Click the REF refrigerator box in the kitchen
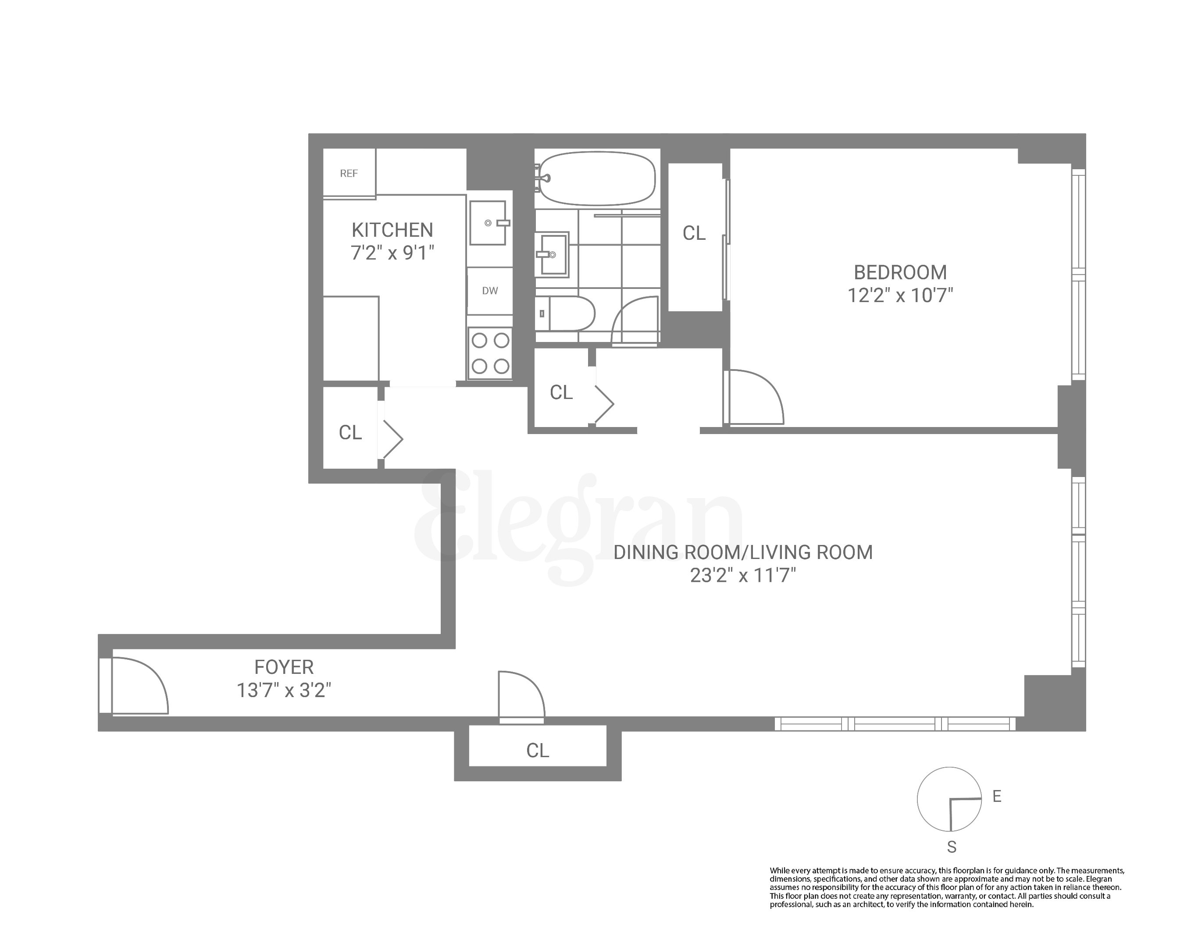[349, 173]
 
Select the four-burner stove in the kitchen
[490, 352]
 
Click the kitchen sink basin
[488, 222]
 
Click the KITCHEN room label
[392, 229]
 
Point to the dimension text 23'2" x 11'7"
[742, 575]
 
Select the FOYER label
[284, 667]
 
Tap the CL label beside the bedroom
[694, 233]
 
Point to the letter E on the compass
[997, 796]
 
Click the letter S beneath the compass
[952, 847]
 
